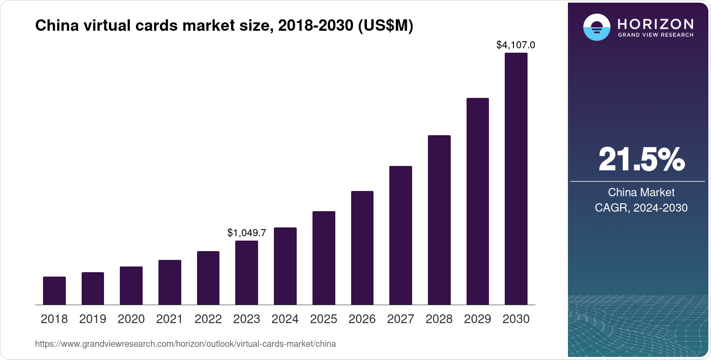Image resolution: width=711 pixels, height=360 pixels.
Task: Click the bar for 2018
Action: tap(54, 291)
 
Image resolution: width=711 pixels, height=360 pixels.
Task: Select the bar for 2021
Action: tap(170, 282)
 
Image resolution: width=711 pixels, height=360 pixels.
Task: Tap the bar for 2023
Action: tap(247, 273)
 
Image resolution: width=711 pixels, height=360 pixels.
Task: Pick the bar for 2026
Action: tap(362, 248)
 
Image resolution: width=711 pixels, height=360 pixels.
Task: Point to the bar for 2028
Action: tap(439, 220)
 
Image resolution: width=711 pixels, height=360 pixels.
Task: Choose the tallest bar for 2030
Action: tap(516, 179)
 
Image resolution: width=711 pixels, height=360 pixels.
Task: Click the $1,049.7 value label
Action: tap(247, 233)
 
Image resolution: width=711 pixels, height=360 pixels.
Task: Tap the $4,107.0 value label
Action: tap(516, 45)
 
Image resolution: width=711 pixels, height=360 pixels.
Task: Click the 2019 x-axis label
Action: tap(93, 319)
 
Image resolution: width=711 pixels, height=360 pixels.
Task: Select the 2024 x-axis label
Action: tap(285, 319)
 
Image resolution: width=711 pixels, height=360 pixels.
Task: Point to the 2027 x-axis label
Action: tap(400, 319)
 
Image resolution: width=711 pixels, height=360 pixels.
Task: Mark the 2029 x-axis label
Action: tap(478, 319)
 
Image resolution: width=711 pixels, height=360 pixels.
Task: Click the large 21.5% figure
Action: tap(641, 159)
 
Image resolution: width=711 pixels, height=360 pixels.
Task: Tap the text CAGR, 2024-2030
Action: tap(641, 208)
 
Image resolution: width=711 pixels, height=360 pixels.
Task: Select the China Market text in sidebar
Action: tap(641, 192)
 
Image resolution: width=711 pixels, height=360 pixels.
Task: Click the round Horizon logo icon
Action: tap(596, 27)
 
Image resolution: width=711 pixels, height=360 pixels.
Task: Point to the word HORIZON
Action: tap(655, 24)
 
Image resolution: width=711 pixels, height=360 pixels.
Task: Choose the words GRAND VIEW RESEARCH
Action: tap(655, 35)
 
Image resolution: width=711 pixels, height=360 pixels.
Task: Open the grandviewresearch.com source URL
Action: tap(185, 344)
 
